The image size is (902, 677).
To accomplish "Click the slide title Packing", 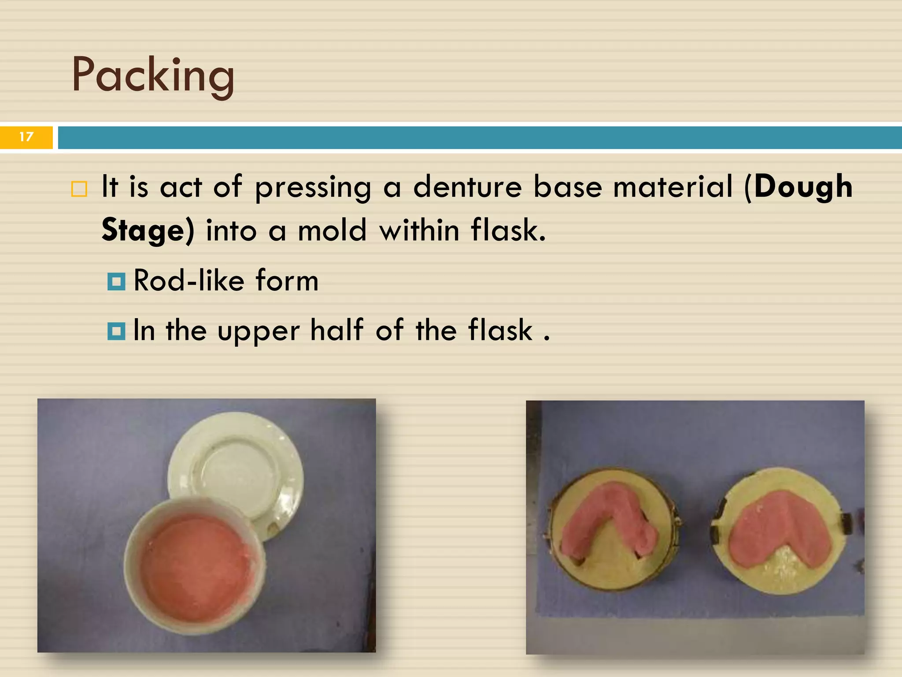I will pos(153,75).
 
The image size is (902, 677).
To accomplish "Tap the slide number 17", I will pos(26,137).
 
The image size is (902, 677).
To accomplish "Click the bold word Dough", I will pos(803,186).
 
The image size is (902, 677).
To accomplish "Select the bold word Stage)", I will pos(148,231).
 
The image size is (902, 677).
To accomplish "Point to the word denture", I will pos(467,186).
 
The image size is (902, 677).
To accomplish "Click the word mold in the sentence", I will pos(332,231).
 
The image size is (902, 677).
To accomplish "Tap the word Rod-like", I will pos(189,281).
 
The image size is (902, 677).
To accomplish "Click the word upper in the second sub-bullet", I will pos(259,331).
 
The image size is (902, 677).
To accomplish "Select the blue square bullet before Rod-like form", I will pos(116,281).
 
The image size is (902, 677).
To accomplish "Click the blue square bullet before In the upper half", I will pos(116,331).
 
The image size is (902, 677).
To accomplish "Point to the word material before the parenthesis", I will pos(673,186).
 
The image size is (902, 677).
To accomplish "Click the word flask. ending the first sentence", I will pos(508,231).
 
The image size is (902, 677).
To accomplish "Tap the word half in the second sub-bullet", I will pos(337,330).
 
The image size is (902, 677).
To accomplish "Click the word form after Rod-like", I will pos(287,281).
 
